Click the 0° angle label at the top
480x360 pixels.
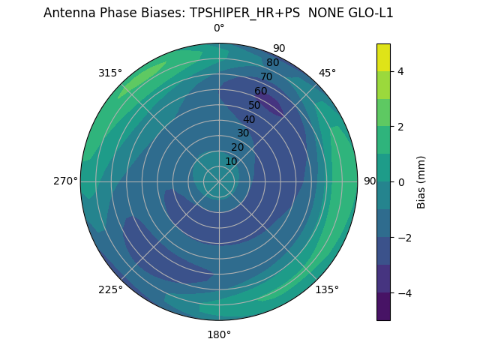coord(219,28)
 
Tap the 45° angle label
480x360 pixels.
coord(327,73)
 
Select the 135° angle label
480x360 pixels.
coord(327,289)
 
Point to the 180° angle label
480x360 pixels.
coord(219,334)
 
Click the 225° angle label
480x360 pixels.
coord(110,289)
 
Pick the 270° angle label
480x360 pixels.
coord(66,181)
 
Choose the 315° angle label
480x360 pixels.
coord(110,73)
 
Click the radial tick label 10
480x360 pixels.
coord(231,161)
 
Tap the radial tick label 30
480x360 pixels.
coord(243,133)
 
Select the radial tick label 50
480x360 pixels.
coord(255,105)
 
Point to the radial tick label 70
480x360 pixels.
coord(266,76)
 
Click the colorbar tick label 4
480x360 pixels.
coord(401,71)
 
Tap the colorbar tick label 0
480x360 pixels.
coord(401,181)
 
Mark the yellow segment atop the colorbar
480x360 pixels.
coord(383,57)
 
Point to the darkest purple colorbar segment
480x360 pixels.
coord(383,307)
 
